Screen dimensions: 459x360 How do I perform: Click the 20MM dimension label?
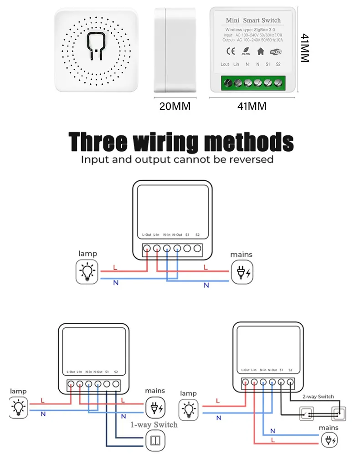point(175,106)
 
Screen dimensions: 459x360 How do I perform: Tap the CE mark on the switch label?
point(231,51)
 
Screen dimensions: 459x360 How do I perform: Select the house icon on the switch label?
point(261,51)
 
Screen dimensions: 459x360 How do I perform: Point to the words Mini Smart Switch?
point(253,20)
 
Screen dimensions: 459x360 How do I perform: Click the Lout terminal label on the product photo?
point(225,64)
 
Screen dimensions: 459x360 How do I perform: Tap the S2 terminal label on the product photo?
point(278,64)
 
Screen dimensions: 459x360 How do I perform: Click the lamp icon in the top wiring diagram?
point(87,272)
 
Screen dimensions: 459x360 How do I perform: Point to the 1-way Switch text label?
point(154,424)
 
